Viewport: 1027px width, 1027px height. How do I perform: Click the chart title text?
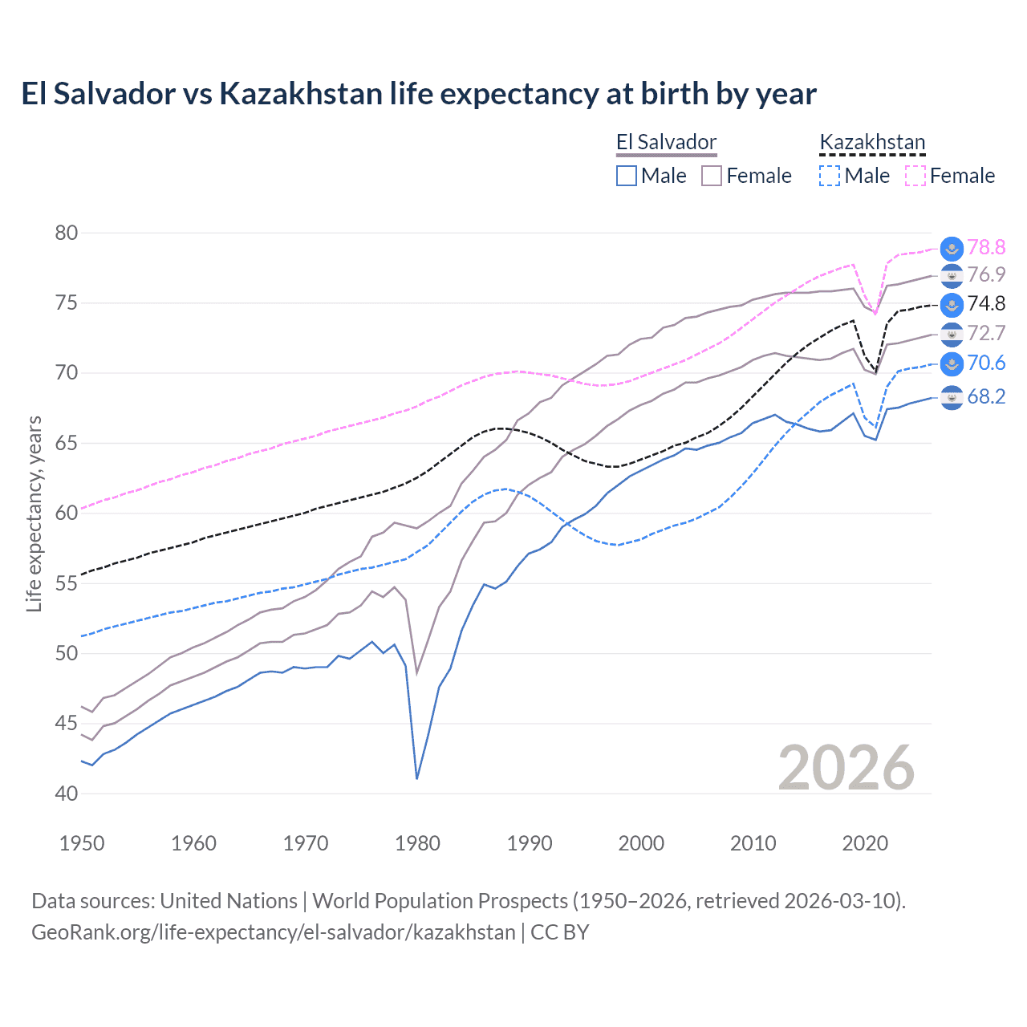[x=418, y=94]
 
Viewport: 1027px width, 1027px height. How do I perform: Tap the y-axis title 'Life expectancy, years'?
[x=34, y=513]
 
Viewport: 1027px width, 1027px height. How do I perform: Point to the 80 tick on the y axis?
[x=67, y=233]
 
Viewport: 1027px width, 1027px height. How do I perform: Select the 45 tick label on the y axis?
[x=67, y=724]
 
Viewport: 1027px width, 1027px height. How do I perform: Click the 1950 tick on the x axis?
[x=82, y=843]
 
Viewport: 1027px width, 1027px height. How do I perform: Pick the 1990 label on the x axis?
[x=530, y=843]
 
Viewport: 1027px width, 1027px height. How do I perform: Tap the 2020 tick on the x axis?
[x=865, y=843]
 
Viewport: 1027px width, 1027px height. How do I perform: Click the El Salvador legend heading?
[x=666, y=143]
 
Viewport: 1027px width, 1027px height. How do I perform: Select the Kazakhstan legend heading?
[x=872, y=143]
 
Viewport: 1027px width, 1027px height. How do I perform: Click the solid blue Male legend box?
[x=627, y=176]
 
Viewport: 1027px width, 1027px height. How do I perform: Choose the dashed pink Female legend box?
[x=915, y=176]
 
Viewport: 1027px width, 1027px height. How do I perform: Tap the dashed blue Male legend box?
[x=830, y=176]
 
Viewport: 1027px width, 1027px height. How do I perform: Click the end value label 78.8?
[x=986, y=248]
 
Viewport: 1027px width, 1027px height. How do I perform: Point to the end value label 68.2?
[x=986, y=397]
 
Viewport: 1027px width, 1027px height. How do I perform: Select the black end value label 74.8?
[x=986, y=304]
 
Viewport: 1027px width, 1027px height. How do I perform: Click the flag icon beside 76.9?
[x=952, y=275]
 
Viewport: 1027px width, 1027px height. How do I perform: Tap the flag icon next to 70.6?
[x=952, y=363]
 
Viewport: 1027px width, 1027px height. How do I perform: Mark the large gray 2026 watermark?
[x=846, y=768]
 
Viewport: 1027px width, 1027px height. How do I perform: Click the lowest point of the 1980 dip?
[x=417, y=778]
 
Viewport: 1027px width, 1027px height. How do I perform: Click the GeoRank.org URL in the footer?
[x=273, y=932]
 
